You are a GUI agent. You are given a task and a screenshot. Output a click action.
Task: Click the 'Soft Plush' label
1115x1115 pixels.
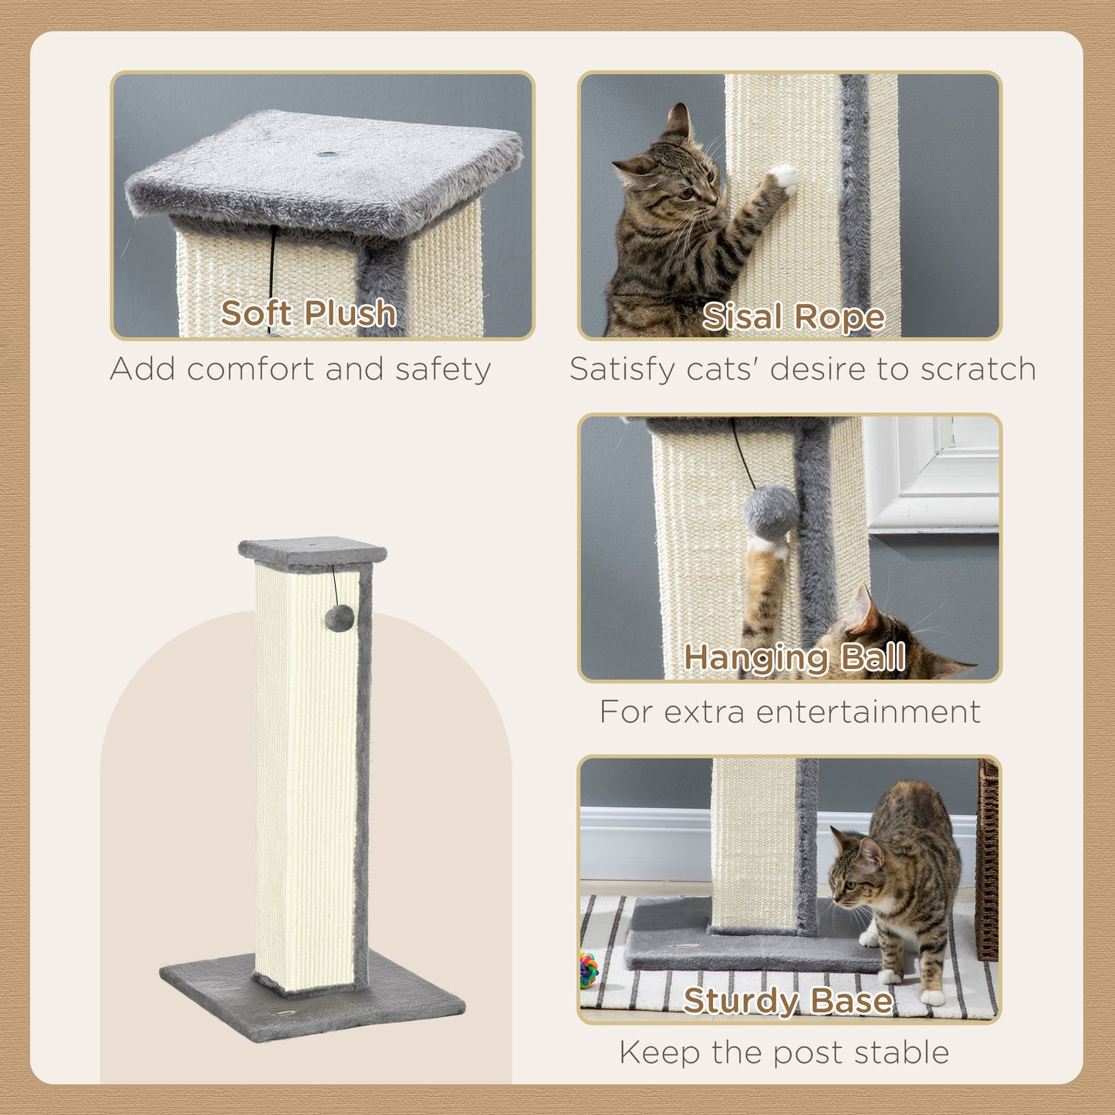click(309, 313)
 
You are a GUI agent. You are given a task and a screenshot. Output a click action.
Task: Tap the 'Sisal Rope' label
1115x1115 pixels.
click(793, 316)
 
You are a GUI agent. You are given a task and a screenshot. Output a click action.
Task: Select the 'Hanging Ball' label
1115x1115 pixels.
click(794, 657)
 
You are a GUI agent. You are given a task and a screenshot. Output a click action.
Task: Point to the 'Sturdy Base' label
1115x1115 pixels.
click(788, 1001)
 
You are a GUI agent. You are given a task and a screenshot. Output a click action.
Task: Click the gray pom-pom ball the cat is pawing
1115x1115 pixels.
click(771, 512)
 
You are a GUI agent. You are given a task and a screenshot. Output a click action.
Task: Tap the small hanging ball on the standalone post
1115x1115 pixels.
click(339, 617)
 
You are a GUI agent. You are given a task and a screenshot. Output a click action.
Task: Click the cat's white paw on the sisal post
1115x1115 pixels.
click(786, 178)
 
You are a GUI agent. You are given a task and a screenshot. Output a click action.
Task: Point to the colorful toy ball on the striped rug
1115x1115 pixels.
click(588, 970)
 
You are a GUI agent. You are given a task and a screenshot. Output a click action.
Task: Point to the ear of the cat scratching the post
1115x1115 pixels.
click(678, 120)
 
